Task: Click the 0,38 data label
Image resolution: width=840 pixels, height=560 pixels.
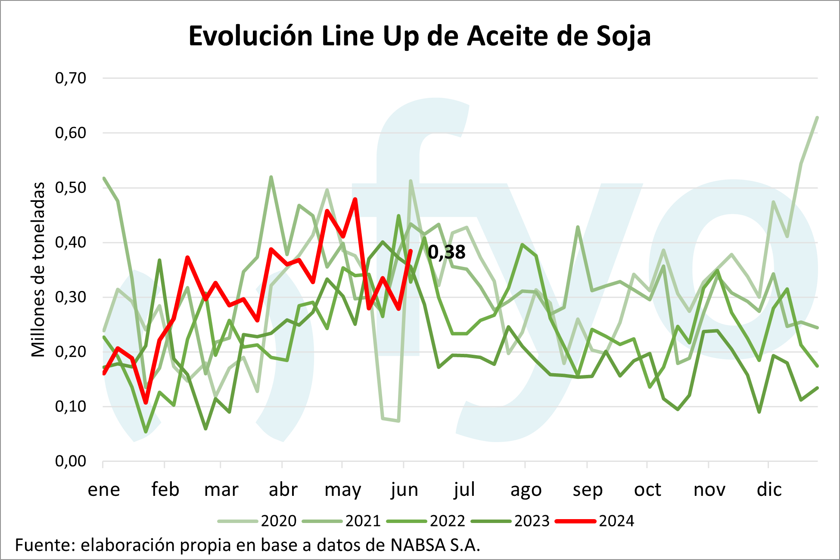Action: [447, 252]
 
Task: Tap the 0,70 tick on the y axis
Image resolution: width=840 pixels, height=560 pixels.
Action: [71, 78]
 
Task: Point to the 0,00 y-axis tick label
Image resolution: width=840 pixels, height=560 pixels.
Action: [71, 461]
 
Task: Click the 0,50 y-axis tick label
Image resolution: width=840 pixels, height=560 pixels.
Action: [71, 188]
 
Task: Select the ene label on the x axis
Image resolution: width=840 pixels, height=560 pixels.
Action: [104, 490]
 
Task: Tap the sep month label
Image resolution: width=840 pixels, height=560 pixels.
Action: [588, 490]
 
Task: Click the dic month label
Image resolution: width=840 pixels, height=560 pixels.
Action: [769, 490]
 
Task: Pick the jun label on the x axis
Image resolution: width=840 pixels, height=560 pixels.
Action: [404, 490]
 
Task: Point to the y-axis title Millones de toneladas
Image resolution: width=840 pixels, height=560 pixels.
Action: [38, 269]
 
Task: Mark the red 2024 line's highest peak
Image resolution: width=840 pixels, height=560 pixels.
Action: [355, 199]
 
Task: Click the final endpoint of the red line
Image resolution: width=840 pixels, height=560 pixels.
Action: [411, 251]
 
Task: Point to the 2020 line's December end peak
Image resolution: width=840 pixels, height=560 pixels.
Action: [817, 117]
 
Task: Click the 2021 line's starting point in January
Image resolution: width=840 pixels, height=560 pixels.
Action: [104, 178]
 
